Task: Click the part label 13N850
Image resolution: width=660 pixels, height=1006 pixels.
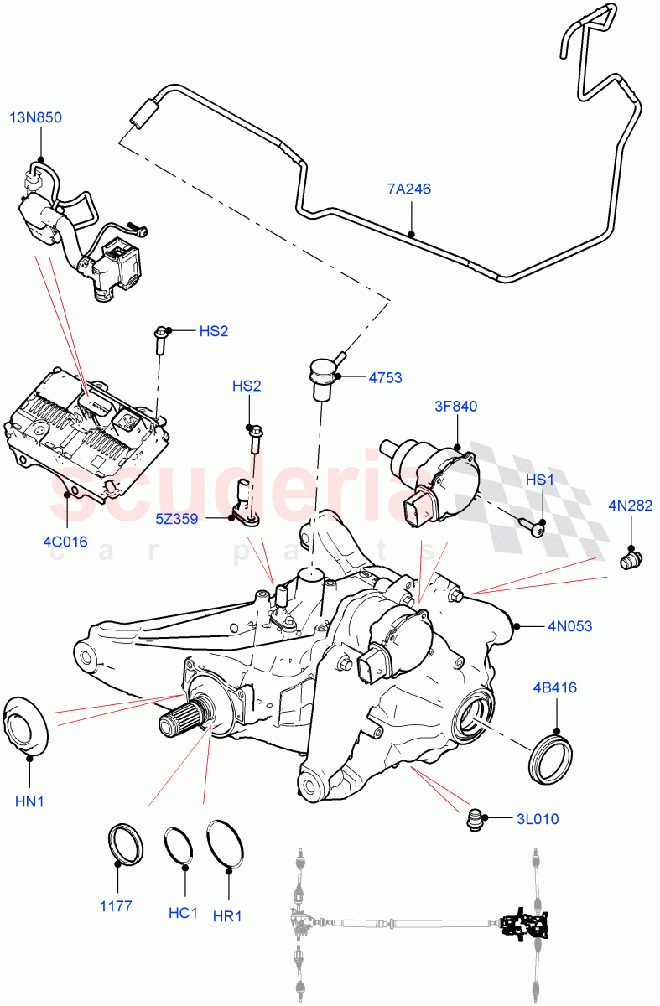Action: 35,117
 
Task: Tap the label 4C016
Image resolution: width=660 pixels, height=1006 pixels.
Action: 65,542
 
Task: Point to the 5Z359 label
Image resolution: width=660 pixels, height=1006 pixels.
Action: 176,519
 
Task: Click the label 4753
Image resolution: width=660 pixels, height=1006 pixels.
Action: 384,378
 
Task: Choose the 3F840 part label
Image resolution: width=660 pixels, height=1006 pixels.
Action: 455,407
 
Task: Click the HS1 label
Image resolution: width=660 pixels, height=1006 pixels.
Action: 540,480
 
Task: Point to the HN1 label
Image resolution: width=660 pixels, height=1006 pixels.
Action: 29,801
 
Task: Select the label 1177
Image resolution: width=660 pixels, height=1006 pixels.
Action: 117,906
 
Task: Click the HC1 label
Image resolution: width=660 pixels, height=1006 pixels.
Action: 182,913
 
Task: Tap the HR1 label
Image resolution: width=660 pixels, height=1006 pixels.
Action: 227,916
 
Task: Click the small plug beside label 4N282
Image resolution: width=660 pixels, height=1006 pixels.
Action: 629,558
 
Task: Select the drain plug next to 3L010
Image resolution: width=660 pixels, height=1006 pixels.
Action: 476,819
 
